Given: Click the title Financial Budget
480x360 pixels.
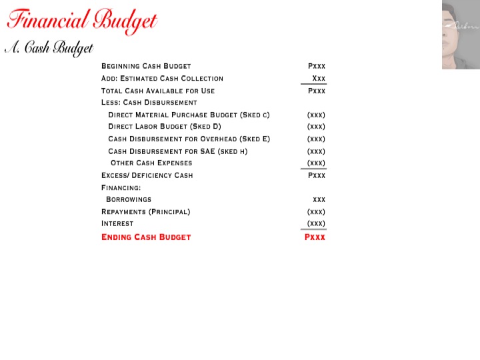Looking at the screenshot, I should point(82,20).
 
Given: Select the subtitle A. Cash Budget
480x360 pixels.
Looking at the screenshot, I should point(49,49).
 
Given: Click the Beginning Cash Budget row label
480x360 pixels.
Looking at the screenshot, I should point(146,66).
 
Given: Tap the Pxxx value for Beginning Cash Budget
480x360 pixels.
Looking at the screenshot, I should point(317,66).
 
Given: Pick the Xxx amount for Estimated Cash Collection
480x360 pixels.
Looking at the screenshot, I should point(319,79).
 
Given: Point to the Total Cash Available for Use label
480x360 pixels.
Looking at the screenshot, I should point(162,91).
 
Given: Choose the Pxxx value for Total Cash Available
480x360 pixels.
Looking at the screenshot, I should point(317,91).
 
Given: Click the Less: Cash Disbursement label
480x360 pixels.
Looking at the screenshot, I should point(149,103).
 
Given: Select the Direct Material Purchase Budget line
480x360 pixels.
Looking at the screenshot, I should point(189,115).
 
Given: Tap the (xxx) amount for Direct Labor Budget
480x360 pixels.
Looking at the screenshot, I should point(316,127).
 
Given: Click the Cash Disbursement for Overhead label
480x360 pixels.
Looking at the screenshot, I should point(189,139).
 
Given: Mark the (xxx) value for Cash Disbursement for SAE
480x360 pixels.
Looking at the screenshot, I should point(316,151).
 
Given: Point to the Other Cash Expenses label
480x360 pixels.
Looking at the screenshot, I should point(151,163).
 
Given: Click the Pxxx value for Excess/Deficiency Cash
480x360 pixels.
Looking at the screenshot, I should point(317,175).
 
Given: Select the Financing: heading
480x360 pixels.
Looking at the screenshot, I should point(121,187).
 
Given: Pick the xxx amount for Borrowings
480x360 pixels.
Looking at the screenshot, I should point(319,199).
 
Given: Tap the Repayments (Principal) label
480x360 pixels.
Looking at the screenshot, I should point(145,211).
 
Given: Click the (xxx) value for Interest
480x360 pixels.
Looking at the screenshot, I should point(316,223).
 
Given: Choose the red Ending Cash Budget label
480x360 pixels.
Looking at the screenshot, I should point(146,237).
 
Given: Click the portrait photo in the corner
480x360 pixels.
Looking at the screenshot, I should point(461,35).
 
